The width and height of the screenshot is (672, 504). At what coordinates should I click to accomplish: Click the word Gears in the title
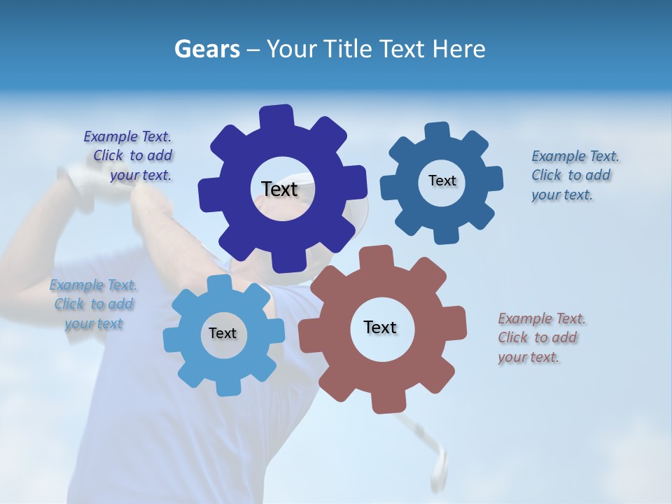[207, 50]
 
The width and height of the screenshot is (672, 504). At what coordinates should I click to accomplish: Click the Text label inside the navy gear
[279, 189]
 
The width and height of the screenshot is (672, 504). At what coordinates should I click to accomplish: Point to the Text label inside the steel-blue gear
[442, 181]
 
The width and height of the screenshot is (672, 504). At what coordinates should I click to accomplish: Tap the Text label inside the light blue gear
[223, 334]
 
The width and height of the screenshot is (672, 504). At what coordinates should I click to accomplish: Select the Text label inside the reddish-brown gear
[380, 328]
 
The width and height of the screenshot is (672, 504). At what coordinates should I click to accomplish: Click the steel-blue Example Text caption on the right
[574, 176]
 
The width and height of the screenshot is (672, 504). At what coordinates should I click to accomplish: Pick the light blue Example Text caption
[94, 304]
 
